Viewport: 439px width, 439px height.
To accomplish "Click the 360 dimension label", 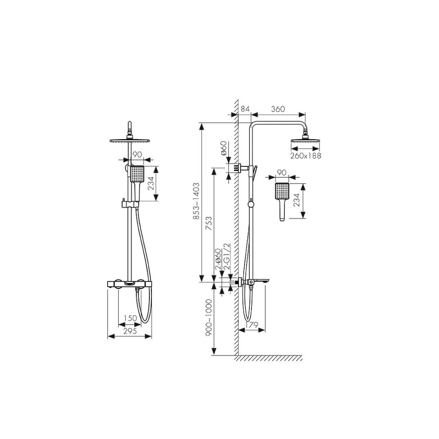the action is pyautogui.click(x=278, y=109).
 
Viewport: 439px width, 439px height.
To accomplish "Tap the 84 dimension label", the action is pyautogui.click(x=245, y=109).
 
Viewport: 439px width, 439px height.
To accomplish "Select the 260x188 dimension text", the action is pyautogui.click(x=306, y=156).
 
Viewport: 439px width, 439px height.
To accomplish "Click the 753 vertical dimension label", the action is pyautogui.click(x=209, y=223).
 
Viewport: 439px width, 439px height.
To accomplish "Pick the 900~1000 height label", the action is pyautogui.click(x=209, y=318).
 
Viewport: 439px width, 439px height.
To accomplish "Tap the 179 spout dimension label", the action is pyautogui.click(x=251, y=325).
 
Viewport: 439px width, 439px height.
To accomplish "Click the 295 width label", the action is pyautogui.click(x=130, y=331).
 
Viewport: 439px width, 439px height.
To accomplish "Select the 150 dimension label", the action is pyautogui.click(x=130, y=318).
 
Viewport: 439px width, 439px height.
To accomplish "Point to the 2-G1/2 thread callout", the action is pyautogui.click(x=227, y=256).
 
